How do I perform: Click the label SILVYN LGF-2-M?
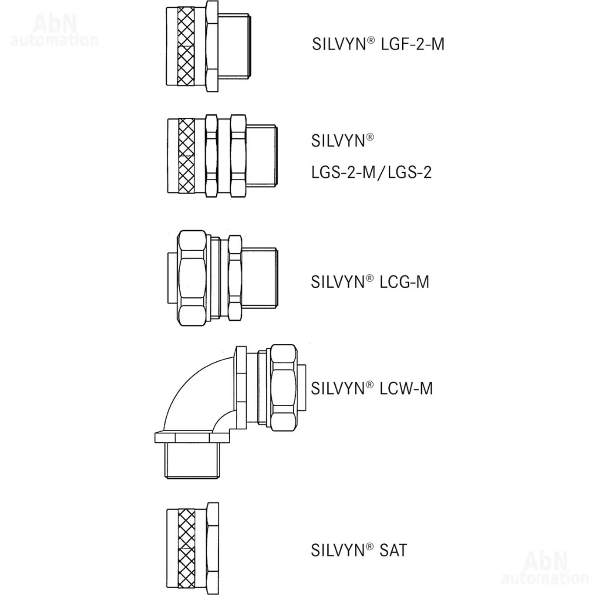pos(378,44)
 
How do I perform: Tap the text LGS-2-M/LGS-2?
pos(371,172)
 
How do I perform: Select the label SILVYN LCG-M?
pos(370,282)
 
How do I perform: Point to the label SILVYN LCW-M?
pos(371,388)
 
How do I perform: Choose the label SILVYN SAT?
pos(359,550)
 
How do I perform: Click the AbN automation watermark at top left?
pos(54,30)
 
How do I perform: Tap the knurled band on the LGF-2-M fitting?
pos(186,46)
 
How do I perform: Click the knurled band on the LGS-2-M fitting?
pos(187,156)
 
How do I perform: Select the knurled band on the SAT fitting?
pos(187,549)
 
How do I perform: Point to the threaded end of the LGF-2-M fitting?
pos(234,46)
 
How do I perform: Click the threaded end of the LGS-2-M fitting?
pos(261,156)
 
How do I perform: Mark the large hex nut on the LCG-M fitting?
pos(192,278)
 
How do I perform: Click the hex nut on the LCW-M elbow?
pos(283,388)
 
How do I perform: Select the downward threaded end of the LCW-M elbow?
pos(192,461)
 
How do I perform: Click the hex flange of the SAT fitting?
pos(213,549)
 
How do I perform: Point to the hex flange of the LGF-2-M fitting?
pos(212,46)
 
